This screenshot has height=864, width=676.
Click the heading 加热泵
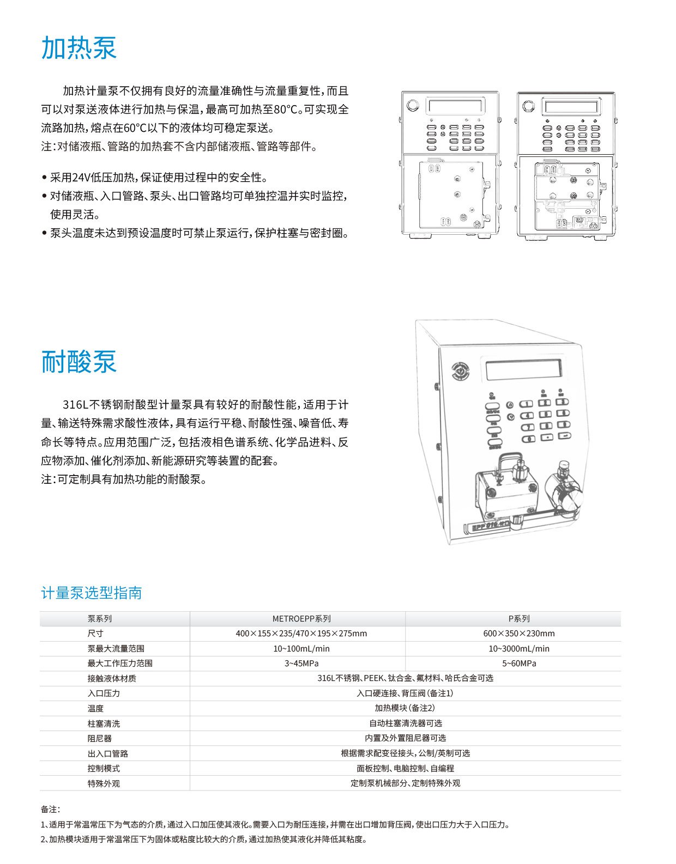tap(79, 48)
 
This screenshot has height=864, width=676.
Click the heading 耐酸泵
tap(79, 362)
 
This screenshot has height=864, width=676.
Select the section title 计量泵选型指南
tap(92, 593)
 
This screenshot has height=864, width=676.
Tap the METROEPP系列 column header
tap(301, 619)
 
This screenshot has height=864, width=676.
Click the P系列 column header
tap(519, 619)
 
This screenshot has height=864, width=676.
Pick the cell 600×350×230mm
tap(519, 634)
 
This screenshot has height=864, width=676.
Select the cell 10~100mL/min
tap(301, 649)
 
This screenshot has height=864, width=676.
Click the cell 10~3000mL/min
tap(519, 649)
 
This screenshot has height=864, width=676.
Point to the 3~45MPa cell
tap(301, 664)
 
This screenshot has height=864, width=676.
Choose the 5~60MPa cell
tap(519, 664)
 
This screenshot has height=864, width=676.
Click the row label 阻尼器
tap(100, 739)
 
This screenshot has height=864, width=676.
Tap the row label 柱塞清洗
tap(104, 723)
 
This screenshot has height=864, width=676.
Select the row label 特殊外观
tap(104, 783)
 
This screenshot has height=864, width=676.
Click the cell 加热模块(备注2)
tap(405, 708)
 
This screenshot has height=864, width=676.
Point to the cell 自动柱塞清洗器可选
tap(405, 723)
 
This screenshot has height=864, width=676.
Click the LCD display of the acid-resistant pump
tap(523, 370)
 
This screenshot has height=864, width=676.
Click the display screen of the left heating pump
tap(456, 106)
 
